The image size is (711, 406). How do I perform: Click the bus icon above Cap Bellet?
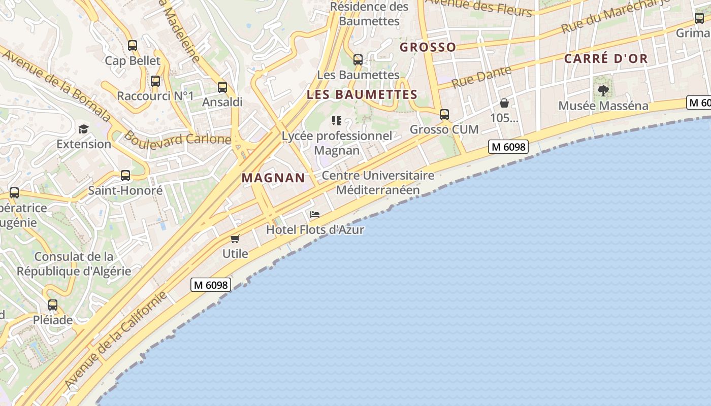[133, 46]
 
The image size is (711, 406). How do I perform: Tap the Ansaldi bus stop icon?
[222, 87]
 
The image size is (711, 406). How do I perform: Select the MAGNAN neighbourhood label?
[273, 178]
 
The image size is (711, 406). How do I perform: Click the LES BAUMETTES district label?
[362, 94]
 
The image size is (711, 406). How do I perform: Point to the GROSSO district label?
[428, 47]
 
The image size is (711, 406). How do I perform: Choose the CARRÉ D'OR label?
[606, 58]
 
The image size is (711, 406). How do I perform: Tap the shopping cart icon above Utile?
[235, 239]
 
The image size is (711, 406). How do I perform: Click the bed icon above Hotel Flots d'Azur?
[315, 215]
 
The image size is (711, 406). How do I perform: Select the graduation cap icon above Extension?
[83, 129]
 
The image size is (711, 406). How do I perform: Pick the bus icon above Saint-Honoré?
[125, 176]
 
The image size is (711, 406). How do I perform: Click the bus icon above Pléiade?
[53, 305]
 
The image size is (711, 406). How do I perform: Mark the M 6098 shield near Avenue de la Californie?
[211, 285]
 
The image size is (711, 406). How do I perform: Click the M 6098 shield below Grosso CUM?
[508, 147]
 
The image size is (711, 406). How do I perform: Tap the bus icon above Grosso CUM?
[444, 115]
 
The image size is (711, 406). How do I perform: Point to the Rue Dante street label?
[481, 77]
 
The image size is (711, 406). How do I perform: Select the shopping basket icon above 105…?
[504, 104]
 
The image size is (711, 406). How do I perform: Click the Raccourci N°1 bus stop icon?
[155, 81]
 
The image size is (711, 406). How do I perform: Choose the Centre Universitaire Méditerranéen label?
[378, 183]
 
